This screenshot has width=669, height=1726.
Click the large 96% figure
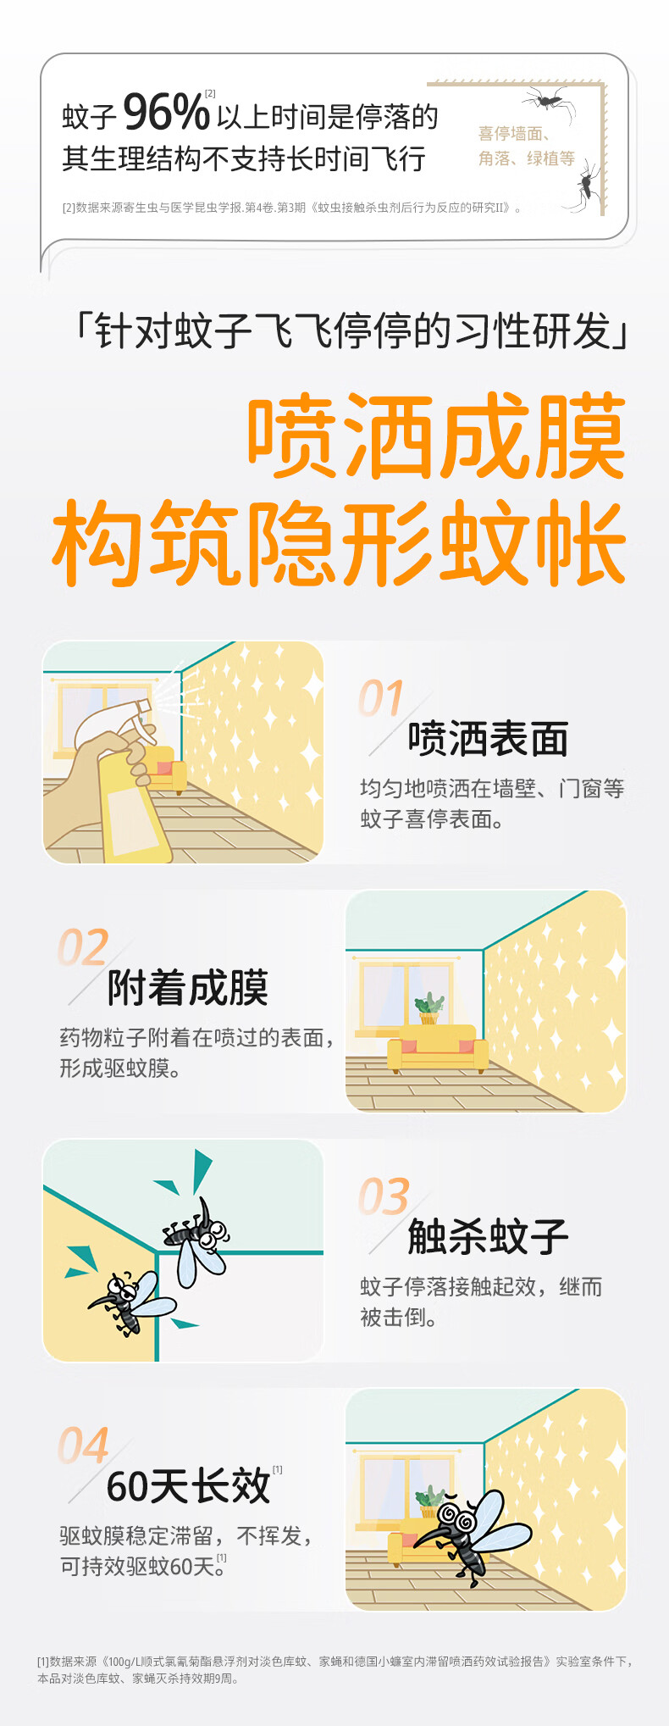pos(166,114)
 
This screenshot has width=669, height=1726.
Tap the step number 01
pos(381,699)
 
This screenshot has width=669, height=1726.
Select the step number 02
pos(83,947)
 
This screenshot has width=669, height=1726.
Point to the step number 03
pos(384,1196)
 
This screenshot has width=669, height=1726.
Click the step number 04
pos(83,1446)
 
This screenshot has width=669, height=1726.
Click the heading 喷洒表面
pos(488,739)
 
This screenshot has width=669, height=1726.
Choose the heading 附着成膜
pos(188,988)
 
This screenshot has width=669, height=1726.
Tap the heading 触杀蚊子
pos(488,1237)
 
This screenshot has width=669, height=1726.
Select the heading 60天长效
pos(188,1486)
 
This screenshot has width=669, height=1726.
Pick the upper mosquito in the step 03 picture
pos(198,1239)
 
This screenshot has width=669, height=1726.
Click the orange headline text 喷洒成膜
pos(437,438)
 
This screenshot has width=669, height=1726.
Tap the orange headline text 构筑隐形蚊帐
pos(339,544)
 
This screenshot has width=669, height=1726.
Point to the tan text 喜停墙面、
pos(514,134)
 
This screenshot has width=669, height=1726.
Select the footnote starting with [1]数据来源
pos(334,1669)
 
